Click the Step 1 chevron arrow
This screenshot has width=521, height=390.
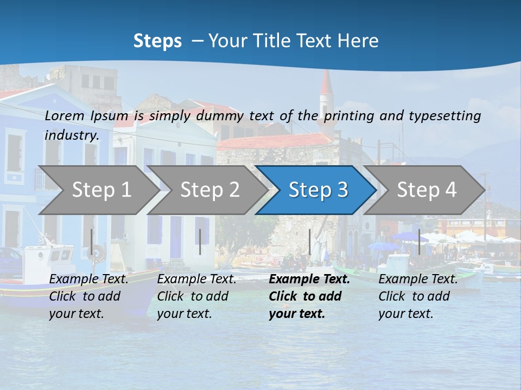point(100,190)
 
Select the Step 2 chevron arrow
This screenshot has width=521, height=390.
point(209,190)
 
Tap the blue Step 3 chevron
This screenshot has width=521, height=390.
point(317,190)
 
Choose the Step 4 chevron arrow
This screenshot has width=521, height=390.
point(426,190)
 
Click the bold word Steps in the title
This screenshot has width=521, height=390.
point(157,41)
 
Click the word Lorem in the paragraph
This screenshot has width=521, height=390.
point(64,115)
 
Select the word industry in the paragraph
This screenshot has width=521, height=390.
point(71,135)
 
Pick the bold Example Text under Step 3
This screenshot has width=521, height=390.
point(309,279)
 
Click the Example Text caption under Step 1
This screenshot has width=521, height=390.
point(88,279)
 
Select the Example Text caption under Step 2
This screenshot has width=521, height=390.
point(196,279)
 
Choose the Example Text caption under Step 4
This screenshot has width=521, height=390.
point(418,279)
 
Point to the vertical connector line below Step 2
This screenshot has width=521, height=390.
point(200,242)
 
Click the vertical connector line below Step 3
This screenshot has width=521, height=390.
point(309,242)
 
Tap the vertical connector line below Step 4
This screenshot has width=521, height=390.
point(419,242)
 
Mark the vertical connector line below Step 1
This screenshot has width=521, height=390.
point(91,242)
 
